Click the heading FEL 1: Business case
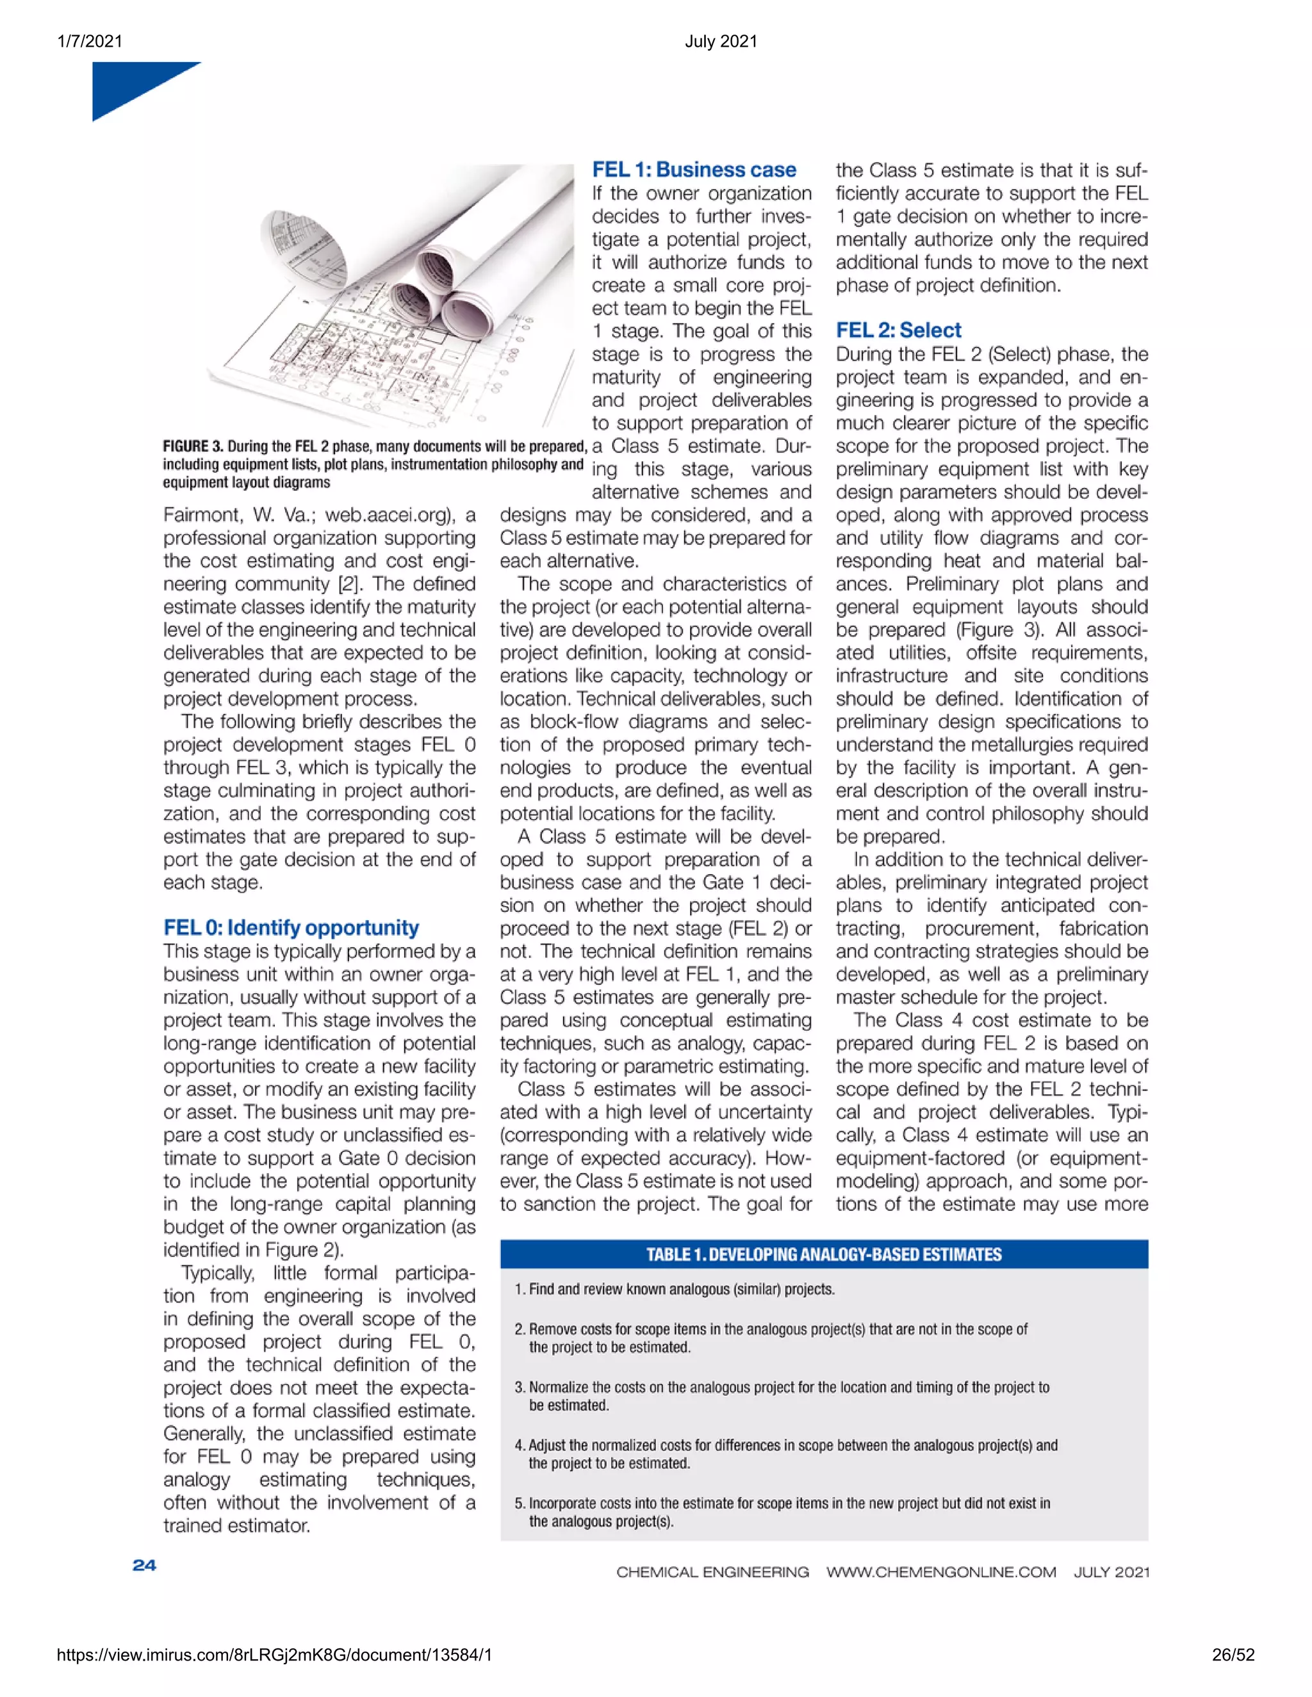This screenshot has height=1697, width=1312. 693,170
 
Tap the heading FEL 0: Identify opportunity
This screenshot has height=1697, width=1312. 291,928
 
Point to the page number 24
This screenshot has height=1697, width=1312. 145,1566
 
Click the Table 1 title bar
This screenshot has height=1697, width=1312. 824,1254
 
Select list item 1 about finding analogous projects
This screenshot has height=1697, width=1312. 675,1290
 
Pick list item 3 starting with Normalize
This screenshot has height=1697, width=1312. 781,1396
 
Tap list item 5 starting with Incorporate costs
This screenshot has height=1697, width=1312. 781,1512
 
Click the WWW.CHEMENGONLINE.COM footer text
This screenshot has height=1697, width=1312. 940,1573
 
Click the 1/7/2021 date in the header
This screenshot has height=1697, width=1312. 90,41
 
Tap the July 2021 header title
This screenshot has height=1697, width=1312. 721,41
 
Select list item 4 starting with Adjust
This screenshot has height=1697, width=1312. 785,1454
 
